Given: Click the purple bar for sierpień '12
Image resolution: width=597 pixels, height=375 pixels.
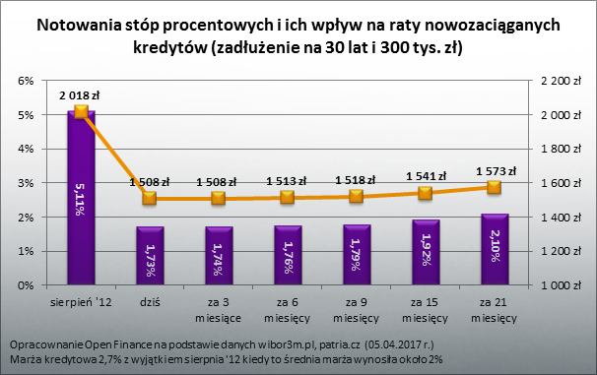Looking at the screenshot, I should pos(81,197).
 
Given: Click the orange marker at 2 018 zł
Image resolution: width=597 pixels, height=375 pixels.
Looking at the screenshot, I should pos(81,111).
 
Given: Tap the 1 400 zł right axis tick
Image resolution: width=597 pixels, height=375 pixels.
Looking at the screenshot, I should pos(550,218).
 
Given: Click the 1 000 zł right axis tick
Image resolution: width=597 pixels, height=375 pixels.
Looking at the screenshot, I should pos(550,285).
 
